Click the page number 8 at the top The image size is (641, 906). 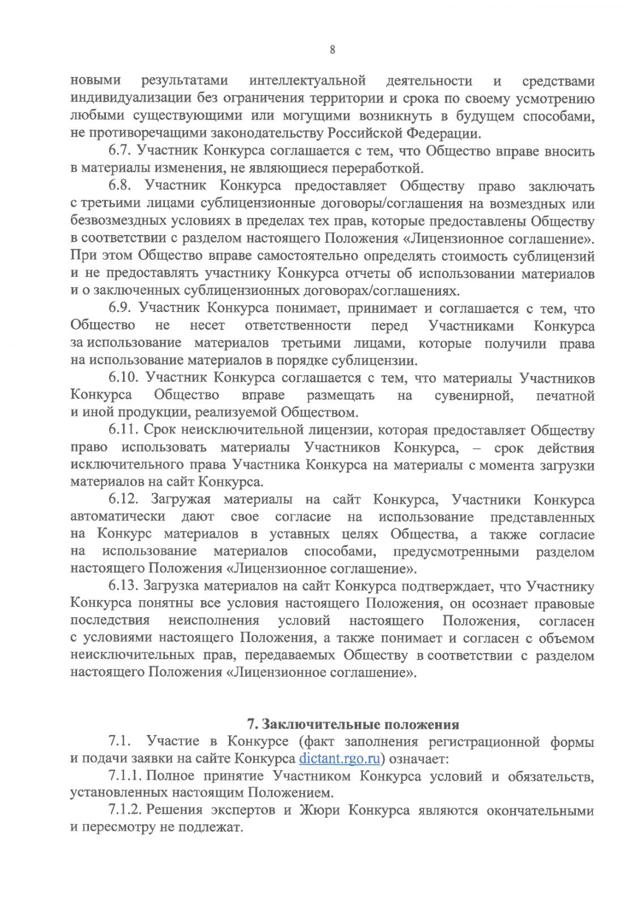click(x=332, y=50)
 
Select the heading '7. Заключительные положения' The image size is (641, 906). click(x=353, y=724)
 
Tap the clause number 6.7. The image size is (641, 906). click(x=120, y=151)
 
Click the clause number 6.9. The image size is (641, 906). click(x=120, y=309)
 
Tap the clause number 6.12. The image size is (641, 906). click(x=124, y=500)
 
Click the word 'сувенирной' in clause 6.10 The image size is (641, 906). click(x=473, y=395)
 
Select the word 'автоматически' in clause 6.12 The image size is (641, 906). click(x=118, y=517)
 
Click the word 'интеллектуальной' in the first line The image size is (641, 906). click(x=307, y=81)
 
